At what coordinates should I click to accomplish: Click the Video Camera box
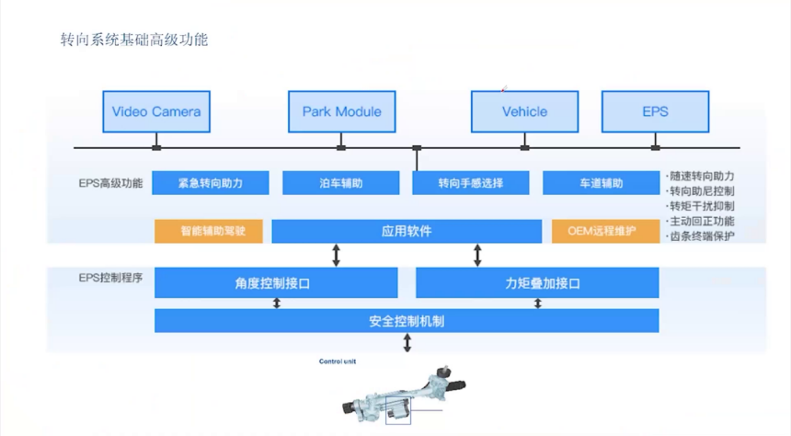tap(156, 112)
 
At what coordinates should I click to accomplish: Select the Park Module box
tap(341, 112)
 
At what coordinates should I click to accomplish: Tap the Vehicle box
tap(524, 112)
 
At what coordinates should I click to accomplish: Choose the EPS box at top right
tap(655, 112)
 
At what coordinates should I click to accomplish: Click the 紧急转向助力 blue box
tap(211, 183)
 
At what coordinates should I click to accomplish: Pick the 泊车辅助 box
tap(340, 183)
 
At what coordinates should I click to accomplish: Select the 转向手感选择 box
tap(471, 183)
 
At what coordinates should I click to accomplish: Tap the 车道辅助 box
tap(601, 183)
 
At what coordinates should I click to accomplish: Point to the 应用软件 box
tap(407, 231)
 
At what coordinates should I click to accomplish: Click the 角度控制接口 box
tap(276, 283)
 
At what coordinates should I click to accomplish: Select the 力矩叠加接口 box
tap(537, 283)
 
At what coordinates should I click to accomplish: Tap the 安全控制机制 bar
tap(407, 321)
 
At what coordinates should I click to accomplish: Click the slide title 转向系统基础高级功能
tap(133, 40)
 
